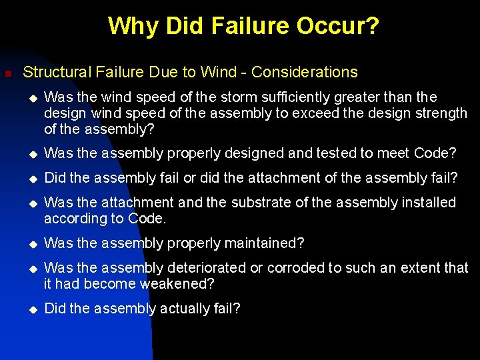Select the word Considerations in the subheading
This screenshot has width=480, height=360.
click(x=305, y=72)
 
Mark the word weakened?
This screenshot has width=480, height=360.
click(x=177, y=284)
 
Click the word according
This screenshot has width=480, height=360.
click(x=74, y=218)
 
